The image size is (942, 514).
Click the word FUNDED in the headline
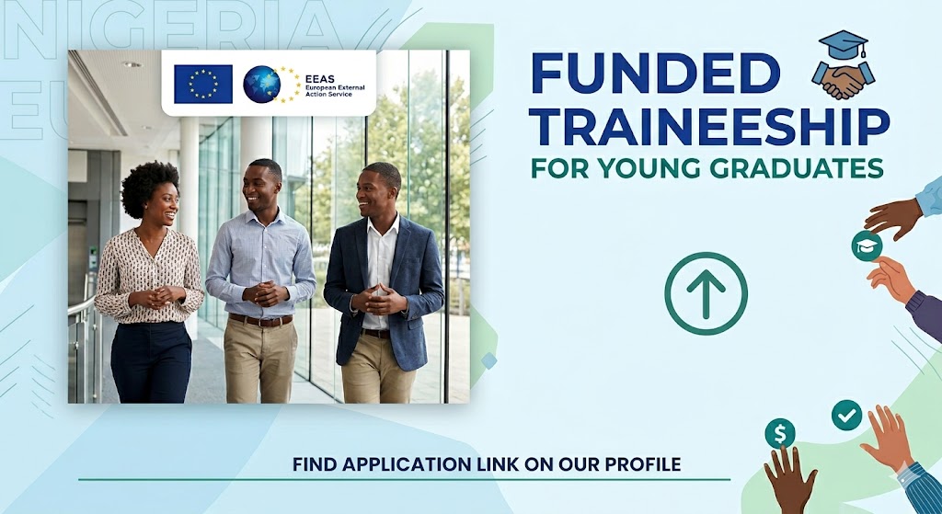tap(655, 74)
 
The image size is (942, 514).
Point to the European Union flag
tap(203, 84)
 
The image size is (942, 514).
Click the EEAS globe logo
tap(262, 84)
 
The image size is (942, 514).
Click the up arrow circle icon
tap(706, 293)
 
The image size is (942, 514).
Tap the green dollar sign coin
tap(780, 433)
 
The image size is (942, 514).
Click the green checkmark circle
tap(846, 416)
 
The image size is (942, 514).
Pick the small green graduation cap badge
tap(867, 246)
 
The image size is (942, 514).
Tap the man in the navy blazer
tap(384, 282)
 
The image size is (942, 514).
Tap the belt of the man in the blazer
tap(376, 333)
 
